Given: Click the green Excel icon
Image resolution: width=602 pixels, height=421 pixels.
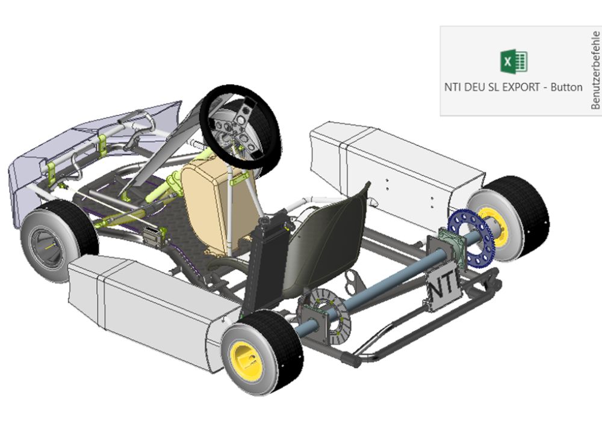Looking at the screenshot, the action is pos(514,61).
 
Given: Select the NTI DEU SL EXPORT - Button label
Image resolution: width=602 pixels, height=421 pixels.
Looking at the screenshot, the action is pos(514,87).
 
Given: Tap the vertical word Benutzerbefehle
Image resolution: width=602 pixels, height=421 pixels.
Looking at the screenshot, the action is pos(595,70).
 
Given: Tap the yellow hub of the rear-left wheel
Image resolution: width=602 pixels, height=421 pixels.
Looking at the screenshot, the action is pos(246,361).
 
